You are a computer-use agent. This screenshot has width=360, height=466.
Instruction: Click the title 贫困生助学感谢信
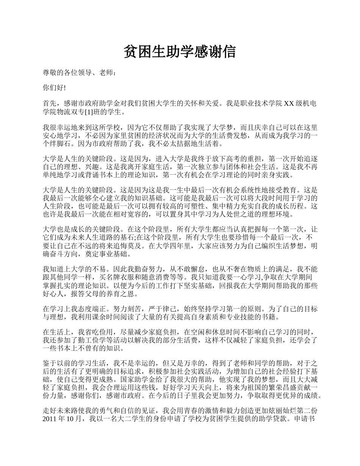tap(180, 52)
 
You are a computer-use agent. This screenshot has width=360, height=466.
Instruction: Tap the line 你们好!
tap(54, 88)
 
